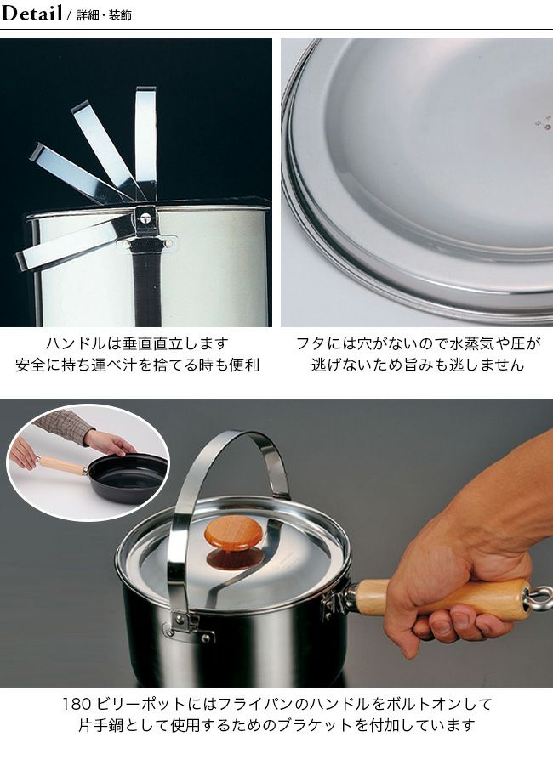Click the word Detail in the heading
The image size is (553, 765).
point(31,13)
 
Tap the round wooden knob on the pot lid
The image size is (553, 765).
point(233,531)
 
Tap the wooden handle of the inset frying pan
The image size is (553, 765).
point(62,465)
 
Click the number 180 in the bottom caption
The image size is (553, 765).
point(77,704)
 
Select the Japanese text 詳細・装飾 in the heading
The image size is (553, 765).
point(104,15)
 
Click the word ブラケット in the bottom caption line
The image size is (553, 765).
point(315,725)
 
